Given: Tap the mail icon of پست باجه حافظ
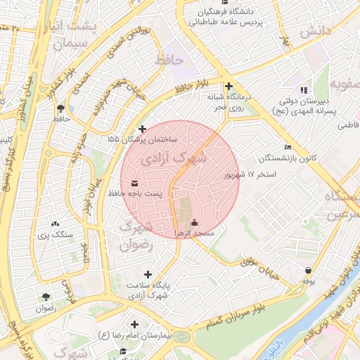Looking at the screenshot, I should (x=134, y=184).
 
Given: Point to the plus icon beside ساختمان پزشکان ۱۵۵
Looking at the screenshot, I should (x=143, y=129).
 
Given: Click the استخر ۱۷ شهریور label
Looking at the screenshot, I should (x=250, y=174).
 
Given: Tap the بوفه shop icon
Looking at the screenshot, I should (x=308, y=271).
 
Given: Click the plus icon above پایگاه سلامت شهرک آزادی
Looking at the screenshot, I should (x=148, y=274).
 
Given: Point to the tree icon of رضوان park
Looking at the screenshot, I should (x=46, y=297).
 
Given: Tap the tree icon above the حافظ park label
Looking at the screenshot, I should (x=61, y=108).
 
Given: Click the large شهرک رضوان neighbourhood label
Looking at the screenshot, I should (x=135, y=236).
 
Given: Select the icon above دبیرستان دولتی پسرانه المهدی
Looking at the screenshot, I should (x=303, y=90).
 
